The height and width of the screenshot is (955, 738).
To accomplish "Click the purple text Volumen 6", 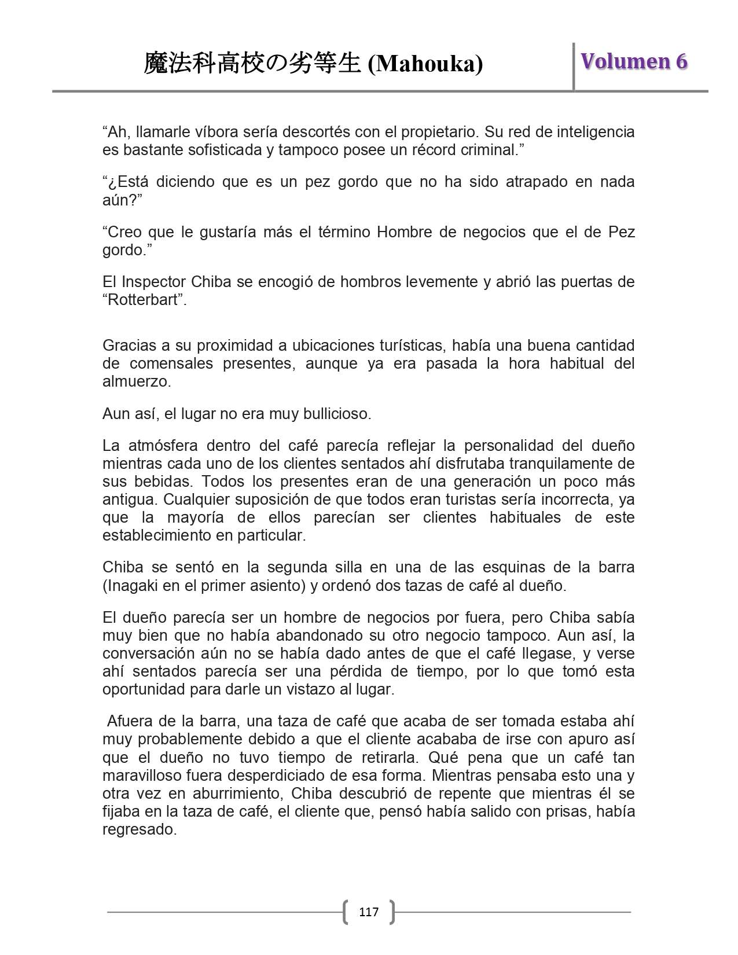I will pyautogui.click(x=634, y=61).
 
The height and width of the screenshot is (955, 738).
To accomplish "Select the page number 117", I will pyautogui.click(x=369, y=912).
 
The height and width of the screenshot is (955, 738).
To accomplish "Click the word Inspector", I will pyautogui.click(x=153, y=282).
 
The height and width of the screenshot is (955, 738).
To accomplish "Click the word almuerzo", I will pyautogui.click(x=137, y=381).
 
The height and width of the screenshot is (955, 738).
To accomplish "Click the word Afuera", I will pyautogui.click(x=128, y=721).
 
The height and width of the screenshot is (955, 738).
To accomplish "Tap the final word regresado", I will pyautogui.click(x=139, y=829).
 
